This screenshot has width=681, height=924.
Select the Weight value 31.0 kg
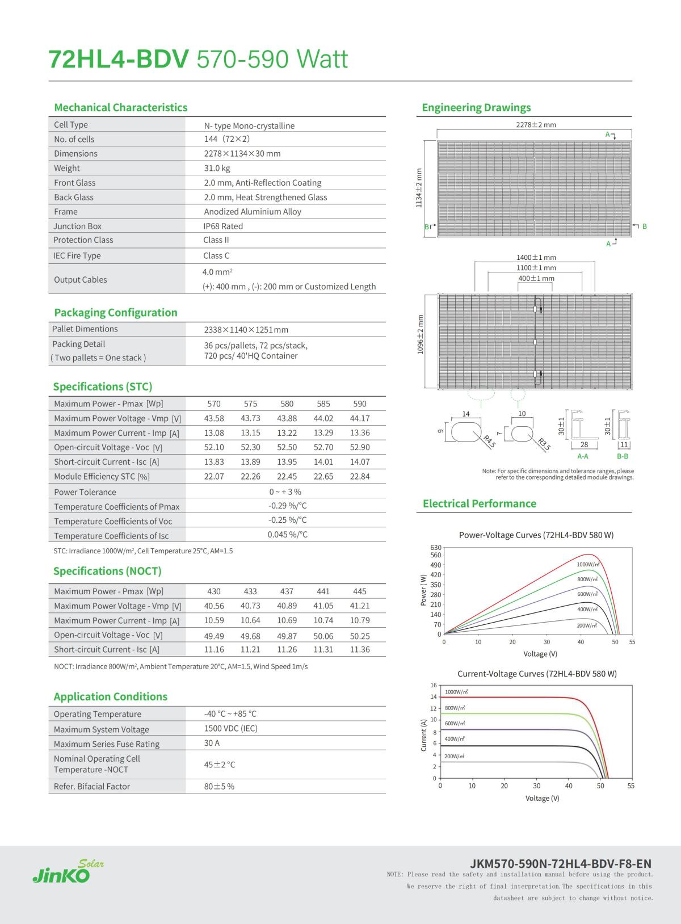(217, 168)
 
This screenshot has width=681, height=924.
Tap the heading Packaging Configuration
(115, 312)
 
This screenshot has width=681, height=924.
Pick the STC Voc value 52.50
(287, 447)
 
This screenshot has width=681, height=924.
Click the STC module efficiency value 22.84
(360, 476)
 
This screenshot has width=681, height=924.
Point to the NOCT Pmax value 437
(287, 591)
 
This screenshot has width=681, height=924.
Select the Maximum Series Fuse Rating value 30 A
(212, 743)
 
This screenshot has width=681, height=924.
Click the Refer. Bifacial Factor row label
(92, 786)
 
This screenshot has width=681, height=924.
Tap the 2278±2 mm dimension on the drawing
(536, 125)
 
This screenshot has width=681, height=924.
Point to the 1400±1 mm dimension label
(536, 258)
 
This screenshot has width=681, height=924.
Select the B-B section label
(623, 456)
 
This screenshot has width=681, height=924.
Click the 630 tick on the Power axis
(436, 547)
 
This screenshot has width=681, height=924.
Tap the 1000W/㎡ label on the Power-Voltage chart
(588, 564)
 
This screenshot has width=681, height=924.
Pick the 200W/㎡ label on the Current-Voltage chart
(455, 757)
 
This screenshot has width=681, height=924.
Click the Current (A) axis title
(423, 735)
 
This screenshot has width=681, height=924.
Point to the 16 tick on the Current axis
(434, 685)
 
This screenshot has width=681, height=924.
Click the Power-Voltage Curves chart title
(536, 535)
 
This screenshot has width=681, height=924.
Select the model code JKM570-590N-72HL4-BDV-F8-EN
(561, 864)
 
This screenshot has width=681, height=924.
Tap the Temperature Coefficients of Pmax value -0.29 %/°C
(287, 506)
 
